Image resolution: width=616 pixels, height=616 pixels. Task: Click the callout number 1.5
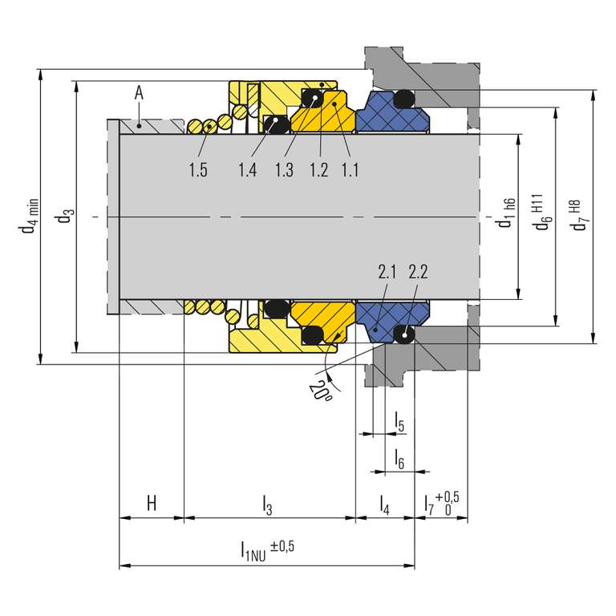click(x=198, y=170)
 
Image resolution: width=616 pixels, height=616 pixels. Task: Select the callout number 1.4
click(x=248, y=170)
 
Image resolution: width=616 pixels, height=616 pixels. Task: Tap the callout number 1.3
click(x=284, y=170)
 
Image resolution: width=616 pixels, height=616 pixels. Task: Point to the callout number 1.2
click(x=319, y=170)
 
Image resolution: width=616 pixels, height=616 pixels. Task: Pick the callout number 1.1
click(x=350, y=170)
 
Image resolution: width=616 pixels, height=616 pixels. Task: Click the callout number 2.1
click(x=387, y=272)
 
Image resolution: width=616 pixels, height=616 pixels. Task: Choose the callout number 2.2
click(x=418, y=272)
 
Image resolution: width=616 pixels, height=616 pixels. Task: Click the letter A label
click(x=139, y=94)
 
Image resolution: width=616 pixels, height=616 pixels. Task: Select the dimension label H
click(x=152, y=503)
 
